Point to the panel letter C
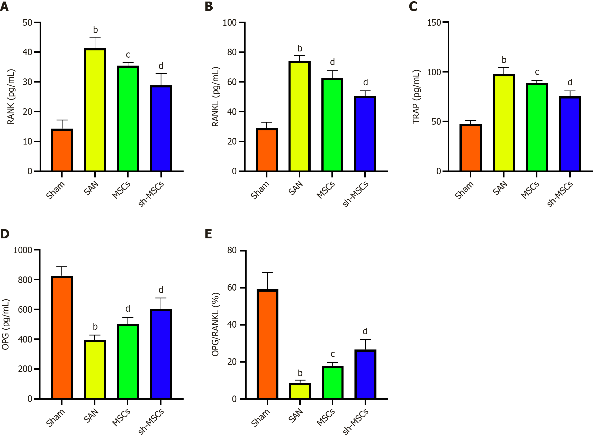point(413,6)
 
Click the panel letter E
point(208,234)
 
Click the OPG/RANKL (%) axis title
point(215,325)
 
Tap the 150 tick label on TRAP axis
point(434,23)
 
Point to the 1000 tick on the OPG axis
point(23,250)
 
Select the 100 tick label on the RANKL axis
point(230,23)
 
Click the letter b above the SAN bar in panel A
point(95,30)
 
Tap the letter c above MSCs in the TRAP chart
point(537,72)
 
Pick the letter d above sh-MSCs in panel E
point(365,331)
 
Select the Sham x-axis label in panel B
point(260,190)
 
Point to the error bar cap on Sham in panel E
point(267,273)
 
